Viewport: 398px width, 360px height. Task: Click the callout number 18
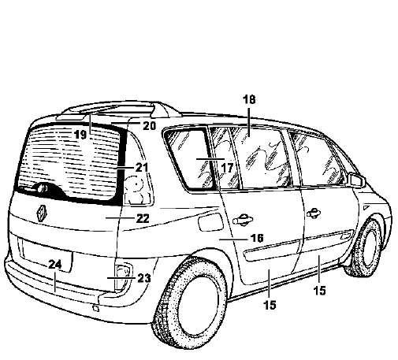(249, 99)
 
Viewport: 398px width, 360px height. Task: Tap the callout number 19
(80, 135)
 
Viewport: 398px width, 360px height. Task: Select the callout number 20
(150, 126)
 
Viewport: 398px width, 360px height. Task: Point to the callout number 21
(142, 168)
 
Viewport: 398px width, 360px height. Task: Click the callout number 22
(143, 218)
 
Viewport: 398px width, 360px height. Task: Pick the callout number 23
(144, 278)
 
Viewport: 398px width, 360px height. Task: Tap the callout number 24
(55, 265)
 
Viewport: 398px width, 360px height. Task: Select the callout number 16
(257, 238)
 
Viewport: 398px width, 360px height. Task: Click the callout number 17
(227, 168)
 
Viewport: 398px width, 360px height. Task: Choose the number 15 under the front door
(320, 291)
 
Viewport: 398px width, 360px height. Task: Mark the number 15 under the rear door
(270, 305)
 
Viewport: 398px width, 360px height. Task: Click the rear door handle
(242, 219)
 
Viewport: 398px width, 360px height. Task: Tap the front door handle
(314, 212)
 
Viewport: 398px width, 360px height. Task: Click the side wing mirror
(356, 180)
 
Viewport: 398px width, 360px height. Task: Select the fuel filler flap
(210, 222)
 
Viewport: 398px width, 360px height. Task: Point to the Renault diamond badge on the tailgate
(41, 213)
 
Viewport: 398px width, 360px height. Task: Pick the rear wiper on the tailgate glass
(33, 188)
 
